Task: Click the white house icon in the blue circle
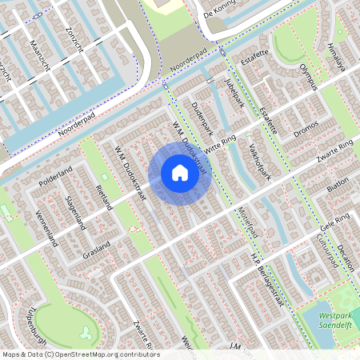180,173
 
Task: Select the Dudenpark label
203,118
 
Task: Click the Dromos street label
306,129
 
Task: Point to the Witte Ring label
222,142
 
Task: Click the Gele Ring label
334,221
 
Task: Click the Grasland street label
96,250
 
